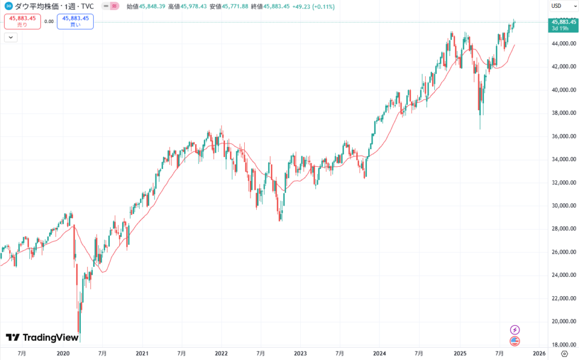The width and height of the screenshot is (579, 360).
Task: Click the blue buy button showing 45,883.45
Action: (x=75, y=21)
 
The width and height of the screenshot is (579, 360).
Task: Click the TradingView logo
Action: (x=42, y=337)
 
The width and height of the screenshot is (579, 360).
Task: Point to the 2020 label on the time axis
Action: (x=63, y=353)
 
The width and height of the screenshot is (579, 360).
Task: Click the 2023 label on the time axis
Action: (x=300, y=353)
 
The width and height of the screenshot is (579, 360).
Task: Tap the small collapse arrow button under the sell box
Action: (x=11, y=37)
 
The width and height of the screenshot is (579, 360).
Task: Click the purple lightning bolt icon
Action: (x=515, y=329)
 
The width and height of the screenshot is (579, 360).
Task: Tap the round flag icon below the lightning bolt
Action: (x=515, y=341)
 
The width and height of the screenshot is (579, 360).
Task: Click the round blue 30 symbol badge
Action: (x=8, y=6)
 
